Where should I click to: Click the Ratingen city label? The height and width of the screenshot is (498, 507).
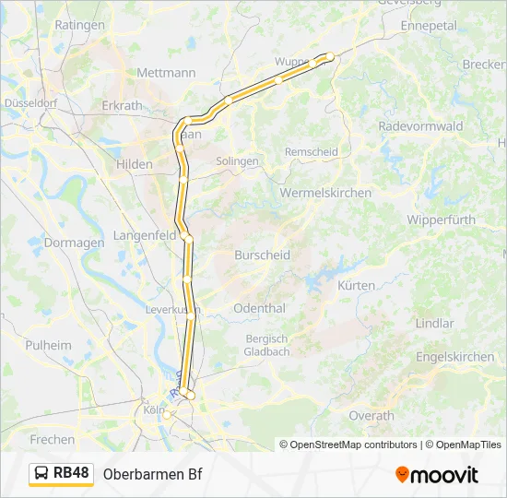pos(80,25)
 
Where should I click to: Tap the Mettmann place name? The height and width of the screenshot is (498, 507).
pos(166,72)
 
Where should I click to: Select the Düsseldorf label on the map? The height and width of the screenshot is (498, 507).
pos(30,103)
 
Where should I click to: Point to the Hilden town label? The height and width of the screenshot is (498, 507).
pos(135,163)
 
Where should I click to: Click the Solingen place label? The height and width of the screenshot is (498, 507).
pos(237,160)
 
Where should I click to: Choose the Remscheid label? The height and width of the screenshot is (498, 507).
pos(311,151)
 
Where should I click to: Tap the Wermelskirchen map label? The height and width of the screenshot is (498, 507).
pos(325,193)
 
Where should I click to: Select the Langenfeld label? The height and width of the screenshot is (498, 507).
pos(144,236)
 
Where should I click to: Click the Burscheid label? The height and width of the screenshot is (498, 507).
pos(262,255)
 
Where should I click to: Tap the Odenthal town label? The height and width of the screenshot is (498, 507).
pos(259,308)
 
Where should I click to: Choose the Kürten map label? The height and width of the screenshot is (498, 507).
pos(356,286)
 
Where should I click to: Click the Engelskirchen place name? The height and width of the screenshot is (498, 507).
pos(454,356)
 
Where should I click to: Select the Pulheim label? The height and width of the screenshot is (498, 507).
pos(49,345)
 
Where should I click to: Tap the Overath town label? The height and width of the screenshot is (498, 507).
pos(371,416)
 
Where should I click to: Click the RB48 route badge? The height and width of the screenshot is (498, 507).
pos(62,473)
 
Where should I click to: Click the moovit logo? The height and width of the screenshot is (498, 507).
pos(437,474)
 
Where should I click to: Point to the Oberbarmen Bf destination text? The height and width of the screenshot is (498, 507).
pos(152,474)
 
